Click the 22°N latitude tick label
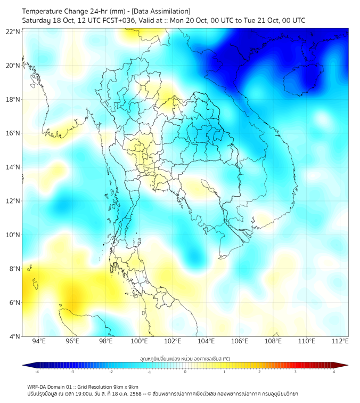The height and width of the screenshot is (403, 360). tap(13, 31)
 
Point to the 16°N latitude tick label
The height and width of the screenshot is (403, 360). tap(13, 133)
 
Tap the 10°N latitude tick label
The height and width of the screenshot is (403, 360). tap(13, 235)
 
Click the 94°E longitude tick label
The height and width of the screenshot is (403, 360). tap(39, 341)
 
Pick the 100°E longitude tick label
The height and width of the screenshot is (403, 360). tap(140, 341)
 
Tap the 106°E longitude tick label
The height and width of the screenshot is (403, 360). tap(240, 341)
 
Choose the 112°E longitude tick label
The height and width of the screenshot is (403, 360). tap(340, 341)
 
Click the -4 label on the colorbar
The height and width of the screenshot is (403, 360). tap(36, 372)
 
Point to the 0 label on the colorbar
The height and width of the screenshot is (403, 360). tap(185, 372)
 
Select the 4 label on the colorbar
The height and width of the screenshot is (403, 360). tap(333, 372)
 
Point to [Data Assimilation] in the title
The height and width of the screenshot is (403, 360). tap(160, 11)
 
